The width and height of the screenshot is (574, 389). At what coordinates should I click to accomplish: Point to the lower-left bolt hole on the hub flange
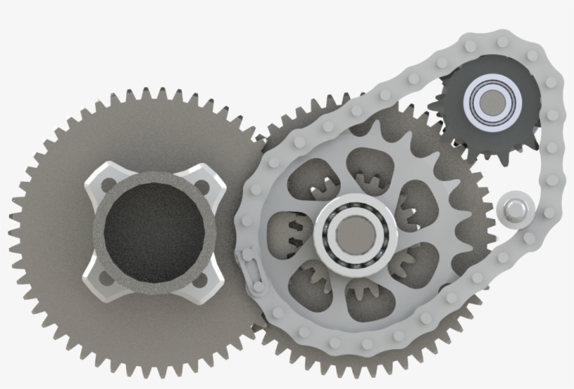tap(106, 277)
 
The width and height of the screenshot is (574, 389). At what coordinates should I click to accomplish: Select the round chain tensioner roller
tap(517, 209)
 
